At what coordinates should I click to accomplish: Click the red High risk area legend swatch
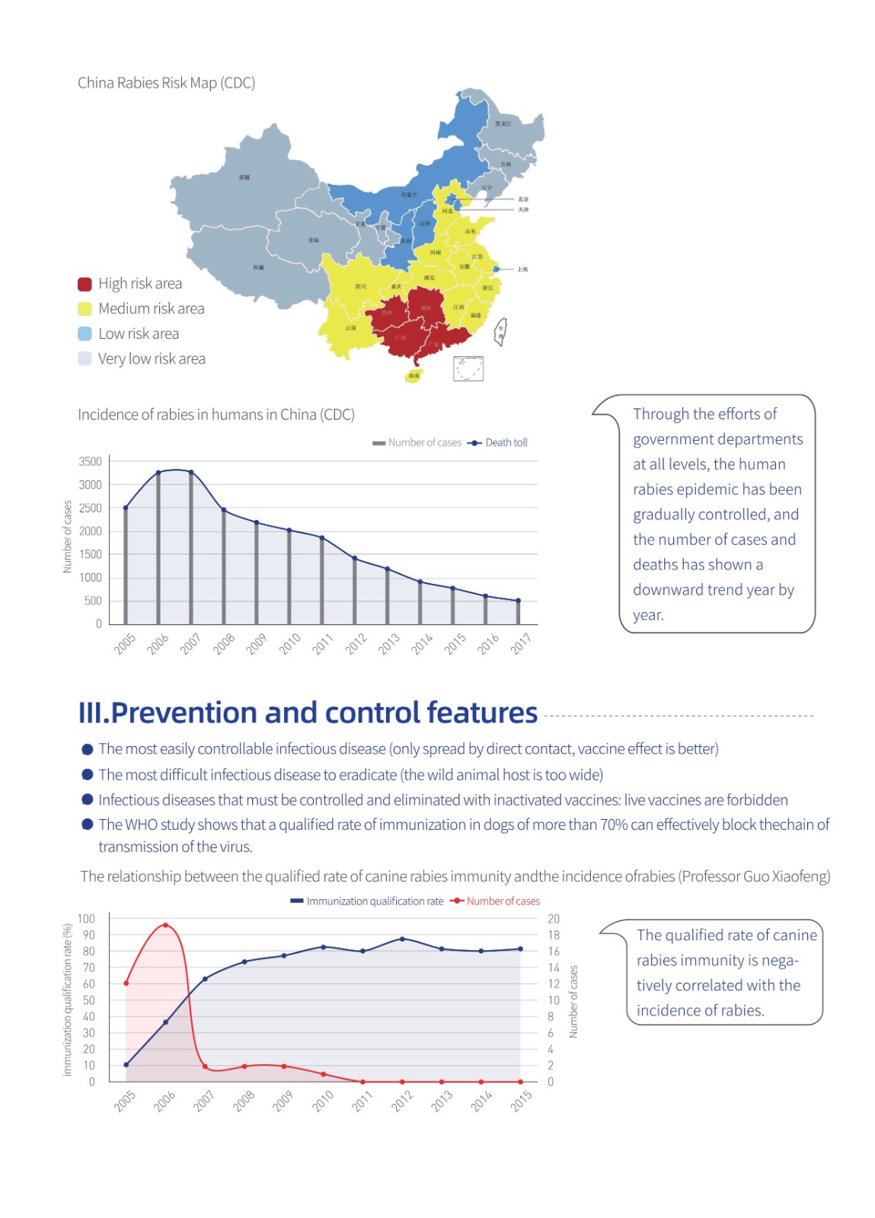coord(85,284)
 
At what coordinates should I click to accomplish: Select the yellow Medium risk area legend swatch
coord(85,308)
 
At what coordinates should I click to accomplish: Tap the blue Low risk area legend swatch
coord(85,333)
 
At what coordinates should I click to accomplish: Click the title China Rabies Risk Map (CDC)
coord(166,83)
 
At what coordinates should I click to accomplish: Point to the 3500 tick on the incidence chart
coord(90,461)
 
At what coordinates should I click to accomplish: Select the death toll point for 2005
coord(126,508)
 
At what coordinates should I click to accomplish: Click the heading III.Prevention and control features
coord(308,713)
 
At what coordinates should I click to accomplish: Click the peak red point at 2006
coord(165,926)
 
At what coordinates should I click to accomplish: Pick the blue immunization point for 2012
coord(402,939)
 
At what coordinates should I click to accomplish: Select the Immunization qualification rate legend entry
coord(367,901)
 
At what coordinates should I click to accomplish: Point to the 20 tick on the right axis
coord(554,919)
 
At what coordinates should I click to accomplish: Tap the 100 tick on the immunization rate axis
coord(86,919)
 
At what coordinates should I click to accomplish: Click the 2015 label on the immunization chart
coord(521,1101)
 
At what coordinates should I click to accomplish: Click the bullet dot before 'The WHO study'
coord(88,824)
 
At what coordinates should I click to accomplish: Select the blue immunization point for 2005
coord(126,1065)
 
